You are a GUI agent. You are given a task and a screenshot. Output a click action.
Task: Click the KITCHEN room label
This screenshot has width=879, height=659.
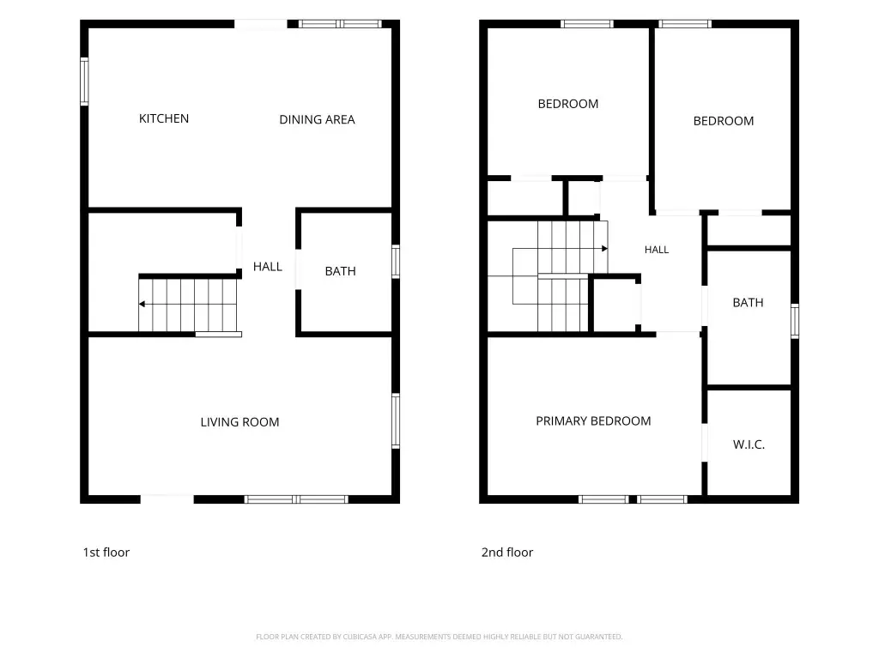[x=164, y=118]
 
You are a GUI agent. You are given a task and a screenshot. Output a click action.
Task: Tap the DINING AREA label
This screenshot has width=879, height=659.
[x=317, y=119]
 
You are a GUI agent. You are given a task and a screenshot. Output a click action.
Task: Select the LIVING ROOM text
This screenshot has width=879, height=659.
[x=240, y=422]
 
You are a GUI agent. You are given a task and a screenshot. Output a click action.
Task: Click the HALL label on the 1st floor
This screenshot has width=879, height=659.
[x=268, y=267]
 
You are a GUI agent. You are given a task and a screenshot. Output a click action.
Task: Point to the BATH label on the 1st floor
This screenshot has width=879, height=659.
[x=340, y=271]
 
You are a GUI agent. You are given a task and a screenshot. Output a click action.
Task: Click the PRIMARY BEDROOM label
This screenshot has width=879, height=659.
[x=593, y=420]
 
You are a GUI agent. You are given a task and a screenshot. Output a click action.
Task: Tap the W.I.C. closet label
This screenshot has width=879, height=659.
[x=749, y=444]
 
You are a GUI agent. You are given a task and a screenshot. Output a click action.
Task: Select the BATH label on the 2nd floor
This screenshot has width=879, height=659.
[x=748, y=303]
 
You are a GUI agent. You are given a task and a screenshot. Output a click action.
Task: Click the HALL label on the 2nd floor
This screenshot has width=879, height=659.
[x=657, y=250]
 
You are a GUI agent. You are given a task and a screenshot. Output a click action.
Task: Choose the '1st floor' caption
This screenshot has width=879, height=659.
[x=106, y=552]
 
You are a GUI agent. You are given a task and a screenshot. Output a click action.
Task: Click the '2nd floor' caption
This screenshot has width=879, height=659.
[x=507, y=552]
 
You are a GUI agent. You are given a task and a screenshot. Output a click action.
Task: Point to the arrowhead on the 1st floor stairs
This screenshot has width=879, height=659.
[x=142, y=305]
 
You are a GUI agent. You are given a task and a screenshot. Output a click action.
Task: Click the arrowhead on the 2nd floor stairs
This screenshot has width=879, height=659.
[x=605, y=248]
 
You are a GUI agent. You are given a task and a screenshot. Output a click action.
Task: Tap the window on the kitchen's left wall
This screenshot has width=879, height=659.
[x=84, y=82]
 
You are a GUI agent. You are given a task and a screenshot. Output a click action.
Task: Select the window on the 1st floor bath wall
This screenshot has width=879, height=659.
[x=396, y=261]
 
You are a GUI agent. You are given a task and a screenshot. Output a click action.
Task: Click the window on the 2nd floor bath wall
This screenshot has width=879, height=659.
[x=795, y=321]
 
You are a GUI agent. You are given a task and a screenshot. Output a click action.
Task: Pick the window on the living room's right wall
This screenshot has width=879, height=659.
[x=396, y=420]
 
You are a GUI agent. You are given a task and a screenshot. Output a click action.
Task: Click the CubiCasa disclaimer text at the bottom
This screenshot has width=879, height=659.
[x=439, y=637]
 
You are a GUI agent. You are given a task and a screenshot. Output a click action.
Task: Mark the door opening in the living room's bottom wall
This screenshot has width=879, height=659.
[x=167, y=499]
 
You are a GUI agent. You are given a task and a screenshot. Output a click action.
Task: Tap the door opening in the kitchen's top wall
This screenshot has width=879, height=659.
[x=261, y=24]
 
